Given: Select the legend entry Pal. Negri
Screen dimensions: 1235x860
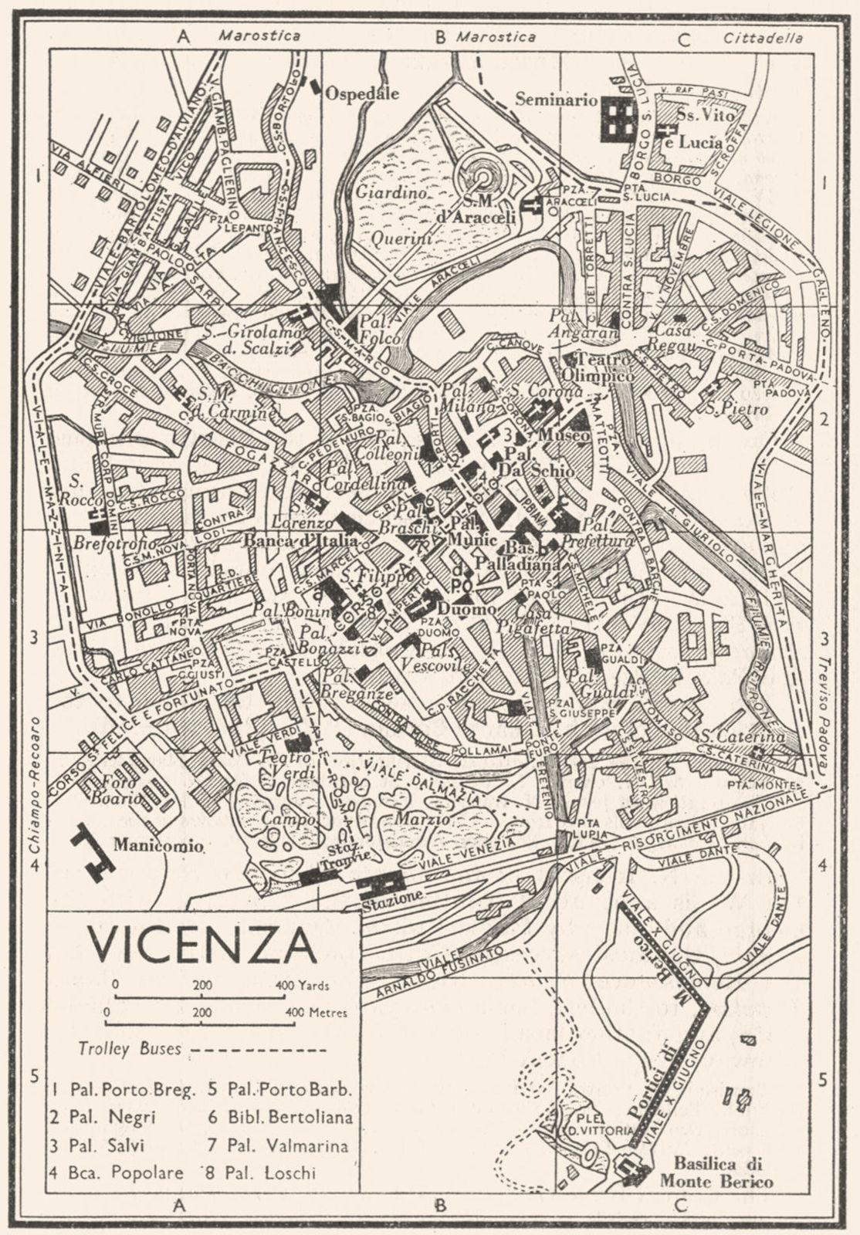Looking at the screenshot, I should coord(112,1116).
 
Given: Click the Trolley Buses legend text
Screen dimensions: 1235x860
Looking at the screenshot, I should coord(130,1049).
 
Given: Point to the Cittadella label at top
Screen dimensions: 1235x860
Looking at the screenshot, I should coord(763,38).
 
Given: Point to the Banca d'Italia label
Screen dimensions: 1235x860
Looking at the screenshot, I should coord(293,541).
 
